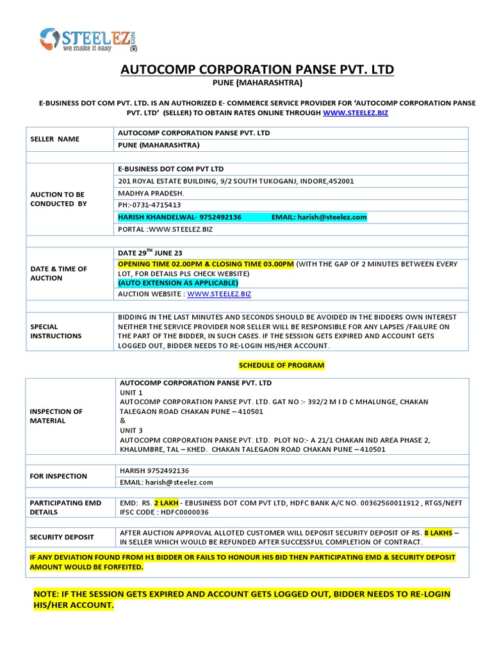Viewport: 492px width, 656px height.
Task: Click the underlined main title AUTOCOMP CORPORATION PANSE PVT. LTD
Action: click(257, 69)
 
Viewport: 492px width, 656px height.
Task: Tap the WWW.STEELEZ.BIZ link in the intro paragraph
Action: click(356, 112)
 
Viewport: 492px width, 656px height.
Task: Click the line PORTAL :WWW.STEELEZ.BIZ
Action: click(160, 229)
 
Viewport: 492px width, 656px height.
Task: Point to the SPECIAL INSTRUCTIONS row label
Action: click(56, 331)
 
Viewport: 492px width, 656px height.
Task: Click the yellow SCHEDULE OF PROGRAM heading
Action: click(281, 365)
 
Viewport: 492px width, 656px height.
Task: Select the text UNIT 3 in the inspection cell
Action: click(131, 430)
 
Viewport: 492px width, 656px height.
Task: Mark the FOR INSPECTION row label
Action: click(58, 476)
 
